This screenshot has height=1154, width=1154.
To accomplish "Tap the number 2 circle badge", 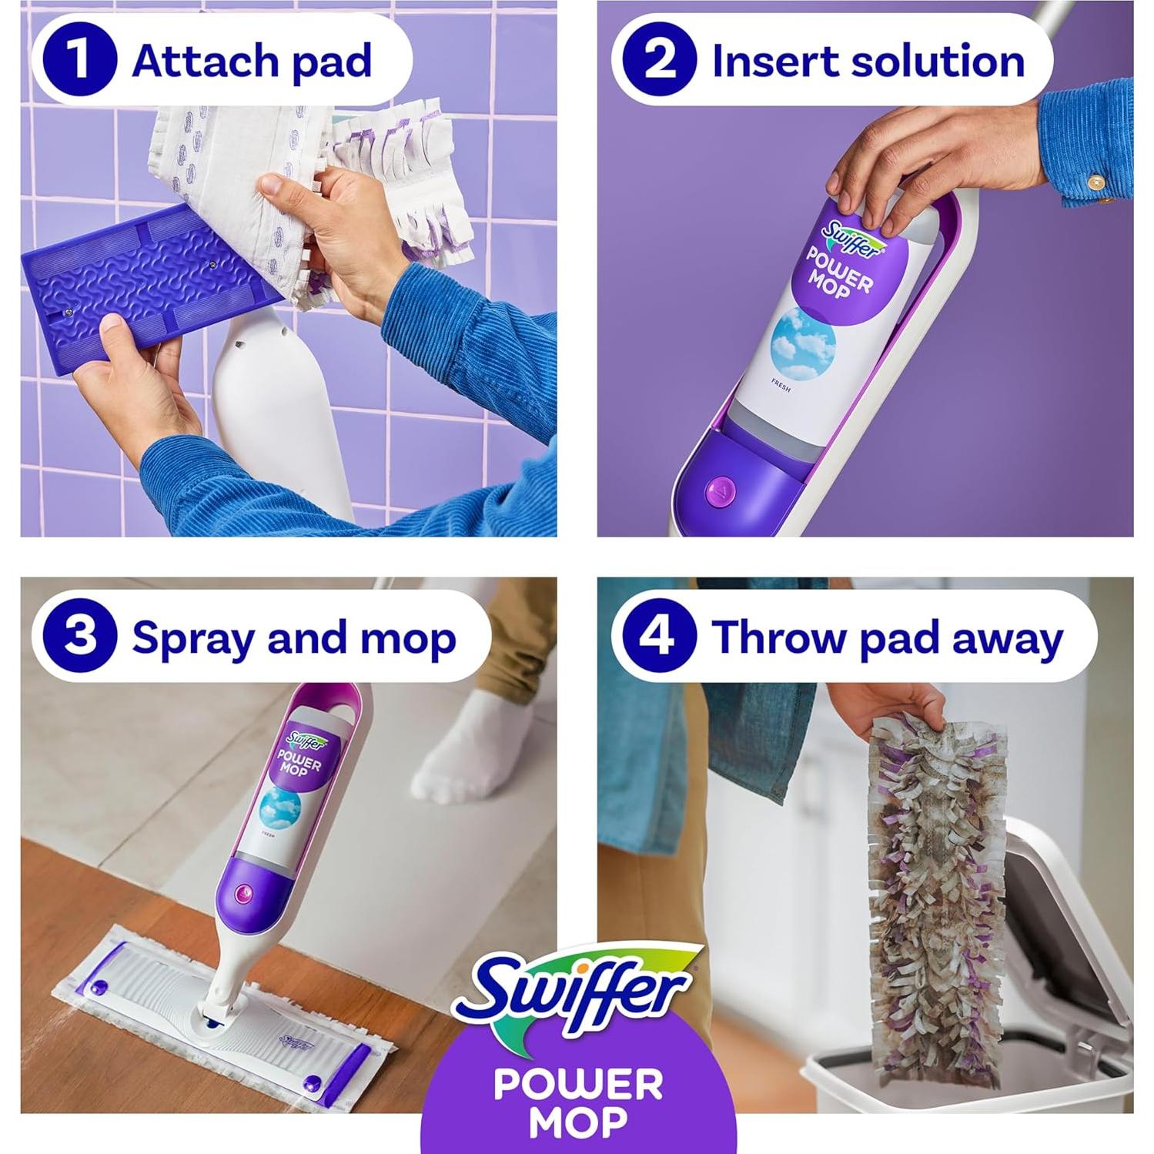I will [659, 60].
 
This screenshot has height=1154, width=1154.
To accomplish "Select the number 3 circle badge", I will [80, 637].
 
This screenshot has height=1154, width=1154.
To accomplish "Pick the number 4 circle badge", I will [658, 637].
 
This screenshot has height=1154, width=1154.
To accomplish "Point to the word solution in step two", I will [935, 60].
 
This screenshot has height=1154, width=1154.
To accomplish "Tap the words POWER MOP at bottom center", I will [577, 1101].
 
